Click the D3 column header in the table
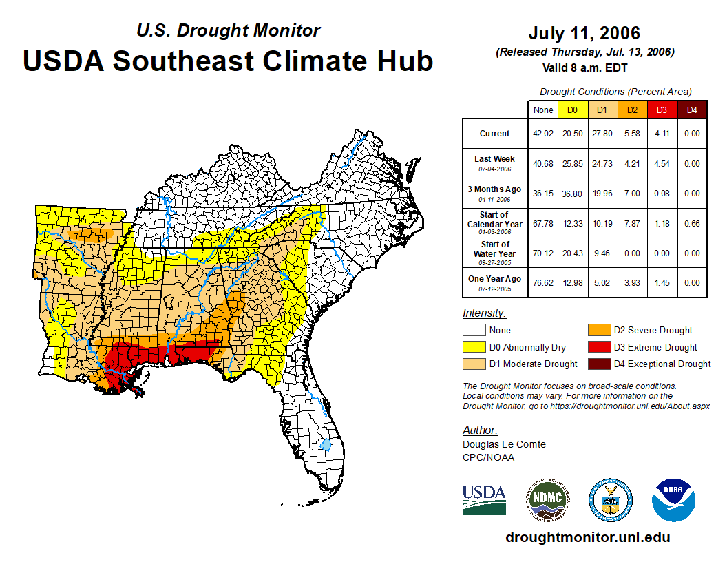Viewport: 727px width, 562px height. pos(662,110)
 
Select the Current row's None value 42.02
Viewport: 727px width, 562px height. pos(543,134)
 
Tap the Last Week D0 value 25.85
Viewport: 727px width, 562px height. pos(573,164)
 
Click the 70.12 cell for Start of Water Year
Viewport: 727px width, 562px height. pos(543,253)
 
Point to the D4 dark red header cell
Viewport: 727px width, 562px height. pos(692,110)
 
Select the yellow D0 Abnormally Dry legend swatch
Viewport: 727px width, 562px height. pos(474,347)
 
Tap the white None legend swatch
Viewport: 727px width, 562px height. pos(474,331)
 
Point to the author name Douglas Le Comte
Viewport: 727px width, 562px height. pos(504,444)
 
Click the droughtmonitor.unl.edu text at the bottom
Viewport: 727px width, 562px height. pos(587,537)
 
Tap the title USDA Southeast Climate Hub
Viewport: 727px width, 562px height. pos(228,61)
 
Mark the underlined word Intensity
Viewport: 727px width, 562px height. pos(484,313)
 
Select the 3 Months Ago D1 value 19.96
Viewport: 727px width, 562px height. pos(602,194)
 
